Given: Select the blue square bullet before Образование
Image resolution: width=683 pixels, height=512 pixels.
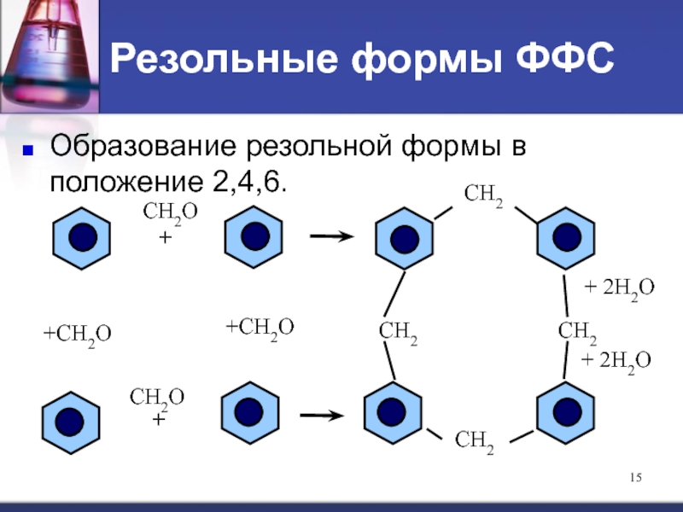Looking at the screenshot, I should coord(26,151).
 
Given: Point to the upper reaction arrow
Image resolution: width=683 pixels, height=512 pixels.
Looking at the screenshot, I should coord(327,237).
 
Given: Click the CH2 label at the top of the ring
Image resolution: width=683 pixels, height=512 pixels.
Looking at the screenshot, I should coord(483,196).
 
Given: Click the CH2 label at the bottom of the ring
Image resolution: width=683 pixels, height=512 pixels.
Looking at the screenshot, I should coord(475,441).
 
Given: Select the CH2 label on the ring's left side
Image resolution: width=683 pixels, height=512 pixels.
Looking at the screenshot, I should coord(393,335).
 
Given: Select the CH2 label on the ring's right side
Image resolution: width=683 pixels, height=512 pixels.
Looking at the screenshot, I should coord(577,332).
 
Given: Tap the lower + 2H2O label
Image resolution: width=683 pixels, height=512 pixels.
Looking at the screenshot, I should coord(616,361).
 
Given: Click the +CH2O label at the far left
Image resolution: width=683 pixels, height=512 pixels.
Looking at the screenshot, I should coord(78,334).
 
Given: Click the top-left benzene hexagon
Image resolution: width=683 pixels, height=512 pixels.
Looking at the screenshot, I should coord(82,237).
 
